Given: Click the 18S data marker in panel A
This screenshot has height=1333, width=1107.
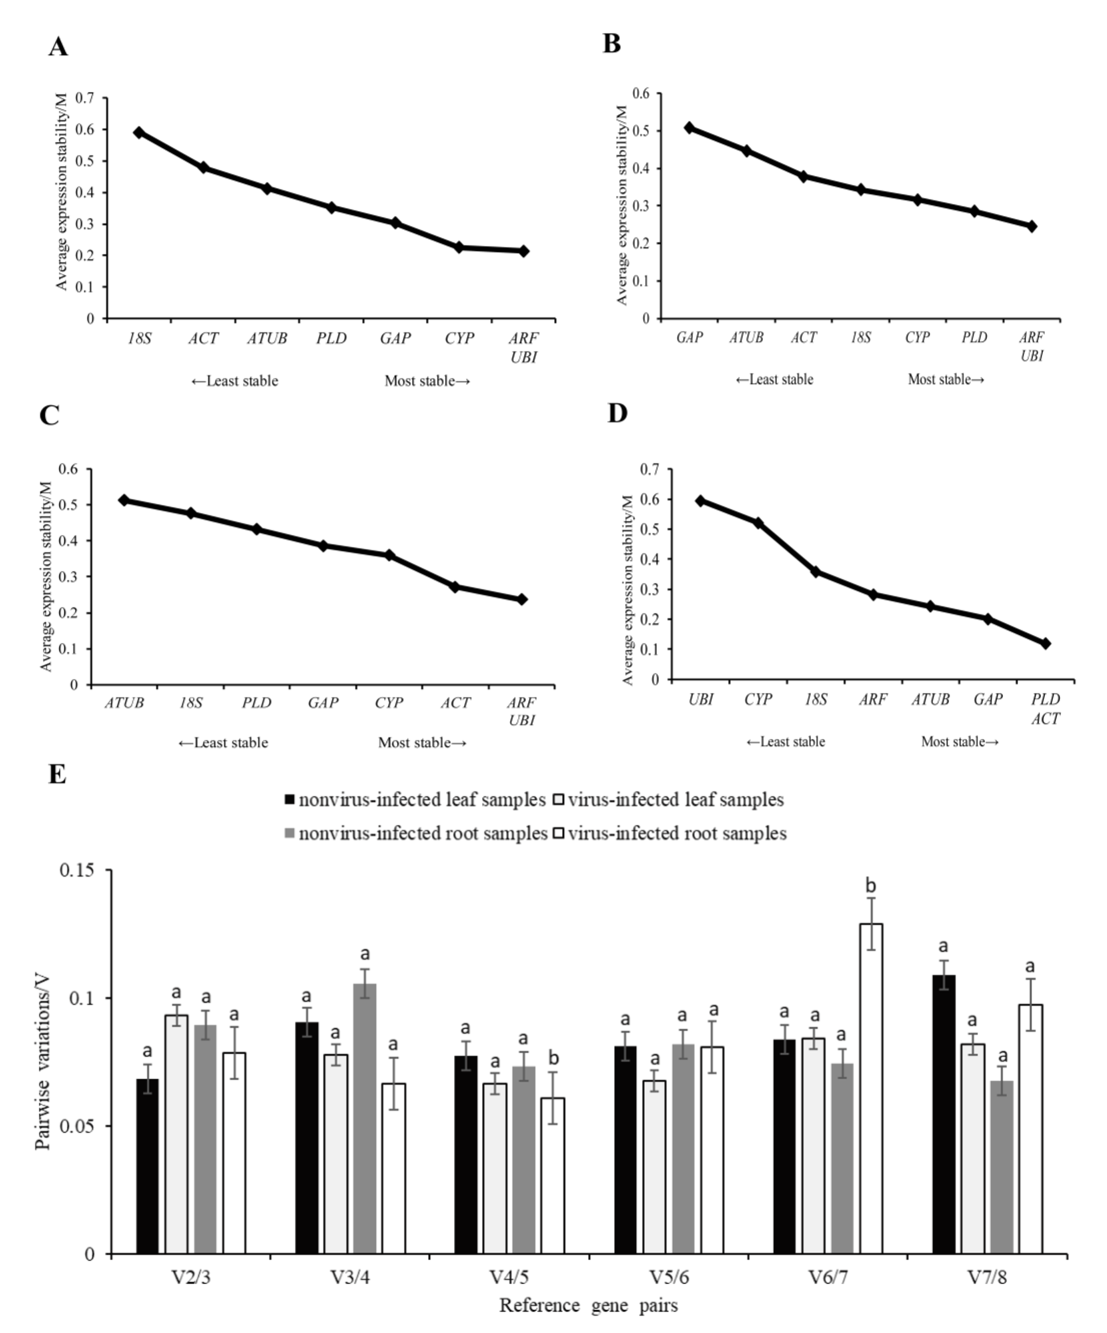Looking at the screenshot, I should coord(139,133).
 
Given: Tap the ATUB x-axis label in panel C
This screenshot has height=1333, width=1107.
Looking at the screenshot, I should coord(124,703).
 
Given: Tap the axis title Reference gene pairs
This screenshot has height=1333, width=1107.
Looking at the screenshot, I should coord(588,1306).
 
